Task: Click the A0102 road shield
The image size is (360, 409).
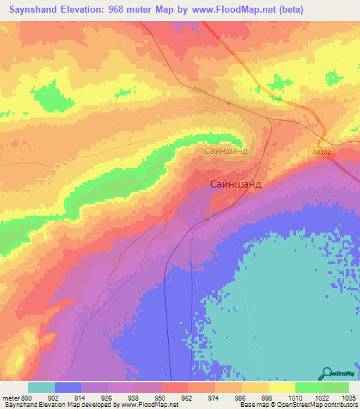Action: click(323, 151)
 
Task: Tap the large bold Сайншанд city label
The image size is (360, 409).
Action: click(236, 184)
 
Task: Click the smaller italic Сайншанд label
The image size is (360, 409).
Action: click(226, 150)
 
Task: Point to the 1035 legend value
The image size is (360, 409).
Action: click(349, 397)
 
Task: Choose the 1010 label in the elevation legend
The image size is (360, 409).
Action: click(295, 397)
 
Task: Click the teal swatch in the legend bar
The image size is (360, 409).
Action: click(41, 387)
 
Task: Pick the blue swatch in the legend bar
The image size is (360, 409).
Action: click(68, 387)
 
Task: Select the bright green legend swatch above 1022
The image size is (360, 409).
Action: click(308, 387)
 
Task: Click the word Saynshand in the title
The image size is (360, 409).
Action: click(34, 10)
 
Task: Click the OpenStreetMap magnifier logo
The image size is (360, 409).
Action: click(326, 372)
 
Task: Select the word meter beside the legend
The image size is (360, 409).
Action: click(10, 397)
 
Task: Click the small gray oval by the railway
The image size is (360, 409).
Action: click(229, 104)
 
